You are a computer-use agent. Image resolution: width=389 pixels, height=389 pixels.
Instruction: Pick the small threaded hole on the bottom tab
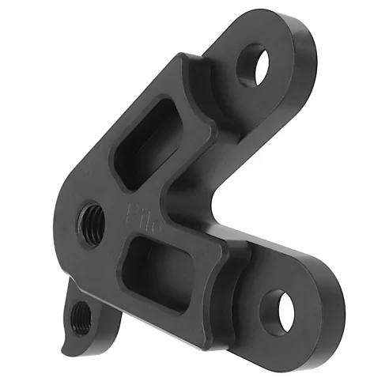(81, 319)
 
